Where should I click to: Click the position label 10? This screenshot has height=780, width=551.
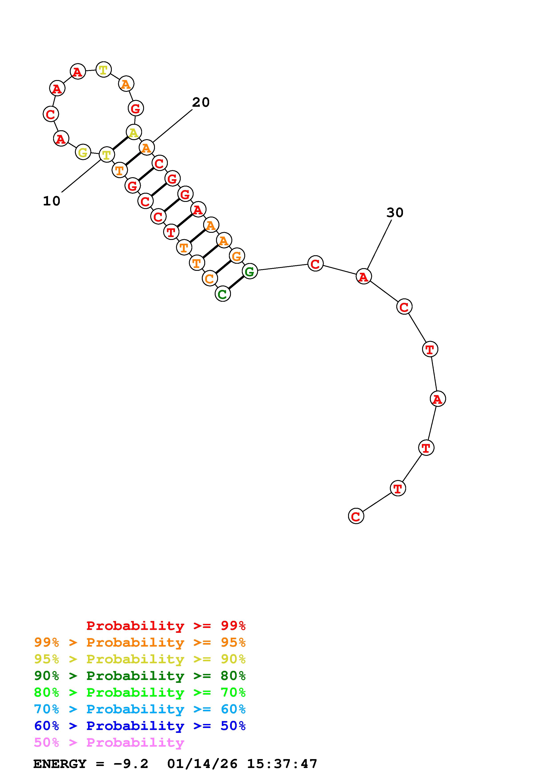52,201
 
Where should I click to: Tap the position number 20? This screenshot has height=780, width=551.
201,102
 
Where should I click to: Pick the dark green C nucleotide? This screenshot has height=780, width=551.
223,294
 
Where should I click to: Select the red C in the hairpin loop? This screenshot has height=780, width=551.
51,114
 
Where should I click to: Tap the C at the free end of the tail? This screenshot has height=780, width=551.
356,516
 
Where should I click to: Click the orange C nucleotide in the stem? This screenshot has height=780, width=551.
209,279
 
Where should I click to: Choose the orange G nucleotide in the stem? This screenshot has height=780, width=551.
237,255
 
